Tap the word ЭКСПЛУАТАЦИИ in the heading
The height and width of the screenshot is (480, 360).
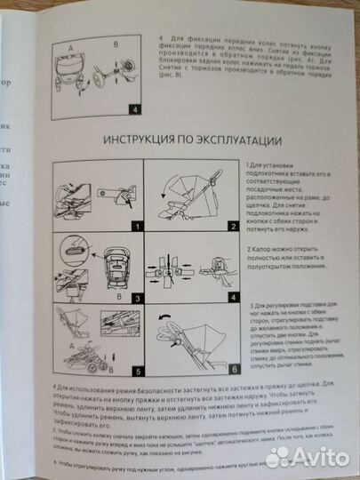pos(241,140)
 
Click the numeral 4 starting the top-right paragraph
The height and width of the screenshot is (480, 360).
pos(160,40)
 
